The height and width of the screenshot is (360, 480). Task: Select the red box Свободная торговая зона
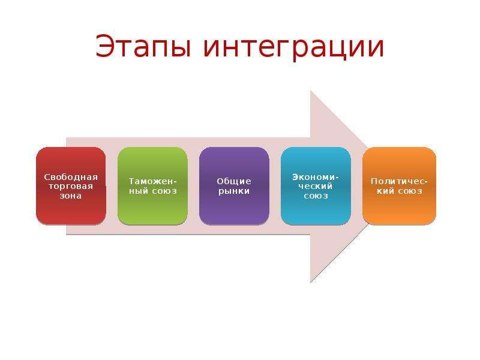coord(71,186)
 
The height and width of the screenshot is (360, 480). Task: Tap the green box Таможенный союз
coord(152,186)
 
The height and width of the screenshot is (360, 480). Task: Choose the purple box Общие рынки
coord(234,186)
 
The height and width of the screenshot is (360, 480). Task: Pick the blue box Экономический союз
coord(316,186)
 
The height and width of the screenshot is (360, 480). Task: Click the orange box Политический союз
coord(399,186)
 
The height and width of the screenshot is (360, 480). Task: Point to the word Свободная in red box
coord(71,176)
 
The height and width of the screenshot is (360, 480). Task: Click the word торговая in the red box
coord(71,186)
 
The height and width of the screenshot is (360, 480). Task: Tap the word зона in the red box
coord(71,196)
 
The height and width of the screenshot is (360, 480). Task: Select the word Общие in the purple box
coord(234,181)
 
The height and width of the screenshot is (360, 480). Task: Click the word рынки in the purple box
coord(234,191)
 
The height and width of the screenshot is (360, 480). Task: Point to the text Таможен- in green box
coord(152,181)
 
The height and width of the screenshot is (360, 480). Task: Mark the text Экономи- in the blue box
coord(316,176)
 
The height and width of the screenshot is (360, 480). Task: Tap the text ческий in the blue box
coord(316,186)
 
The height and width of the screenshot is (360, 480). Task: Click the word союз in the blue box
coord(316,196)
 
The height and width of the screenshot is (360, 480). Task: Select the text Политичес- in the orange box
coord(399,181)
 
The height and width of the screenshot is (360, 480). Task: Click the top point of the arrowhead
coord(311,91)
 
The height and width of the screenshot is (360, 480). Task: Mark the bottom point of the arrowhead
coord(311,282)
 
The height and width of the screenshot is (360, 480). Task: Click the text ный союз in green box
coord(152,191)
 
